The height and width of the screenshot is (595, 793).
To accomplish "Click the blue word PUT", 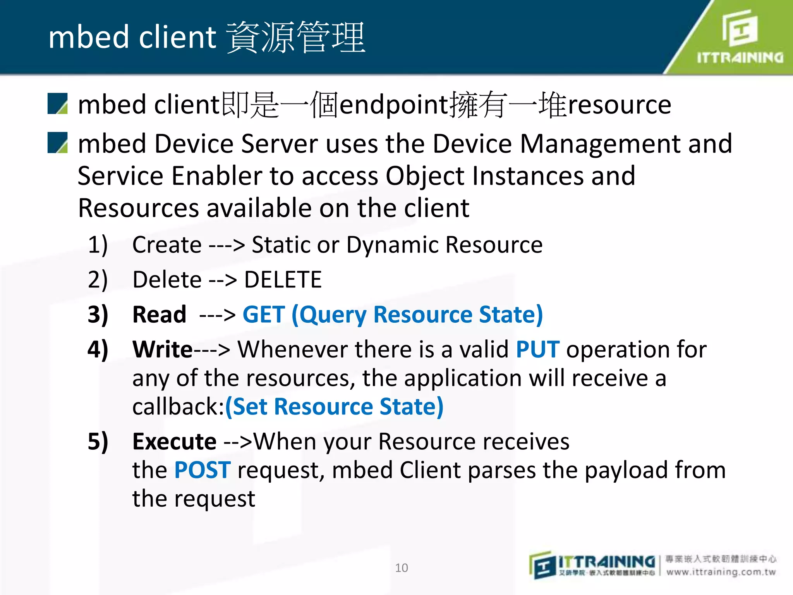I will [x=537, y=349].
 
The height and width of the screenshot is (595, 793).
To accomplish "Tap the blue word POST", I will [x=202, y=470].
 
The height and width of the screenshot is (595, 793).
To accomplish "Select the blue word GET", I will [x=263, y=314].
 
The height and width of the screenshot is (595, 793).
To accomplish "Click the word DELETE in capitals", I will [x=283, y=280].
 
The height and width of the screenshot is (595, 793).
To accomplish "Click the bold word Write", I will [x=163, y=349].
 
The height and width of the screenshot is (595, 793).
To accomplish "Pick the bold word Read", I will [x=159, y=314].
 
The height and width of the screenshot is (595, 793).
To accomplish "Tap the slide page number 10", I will [x=402, y=568].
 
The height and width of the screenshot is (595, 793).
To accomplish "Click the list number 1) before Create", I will [x=98, y=245].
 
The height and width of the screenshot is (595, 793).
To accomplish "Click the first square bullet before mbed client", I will [x=58, y=104].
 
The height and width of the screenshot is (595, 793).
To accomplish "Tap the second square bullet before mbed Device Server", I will [x=58, y=143].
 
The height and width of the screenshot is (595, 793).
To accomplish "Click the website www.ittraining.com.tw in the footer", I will [x=721, y=572].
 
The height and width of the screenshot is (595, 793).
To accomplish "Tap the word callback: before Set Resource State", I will [x=179, y=407].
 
